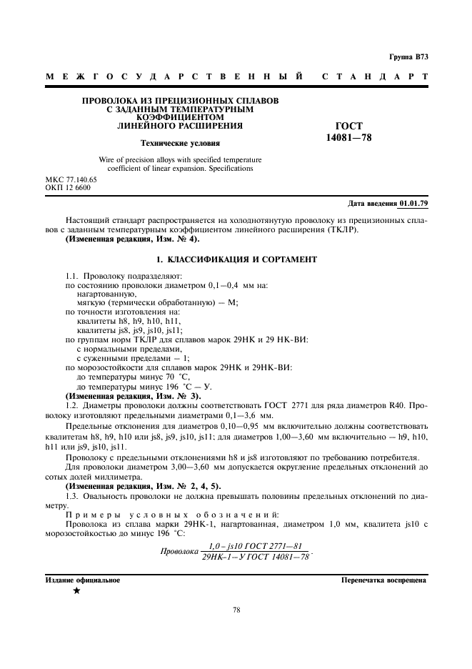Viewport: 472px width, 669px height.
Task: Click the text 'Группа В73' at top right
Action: click(408, 56)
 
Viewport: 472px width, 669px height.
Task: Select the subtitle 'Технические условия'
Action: click(179, 143)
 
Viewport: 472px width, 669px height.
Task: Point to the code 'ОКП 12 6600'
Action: click(67, 188)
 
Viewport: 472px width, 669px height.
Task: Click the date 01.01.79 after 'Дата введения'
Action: click(413, 204)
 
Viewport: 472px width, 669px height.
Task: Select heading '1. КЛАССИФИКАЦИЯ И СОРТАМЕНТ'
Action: click(236, 259)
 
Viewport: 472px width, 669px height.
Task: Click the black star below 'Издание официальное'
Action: click(76, 591)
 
